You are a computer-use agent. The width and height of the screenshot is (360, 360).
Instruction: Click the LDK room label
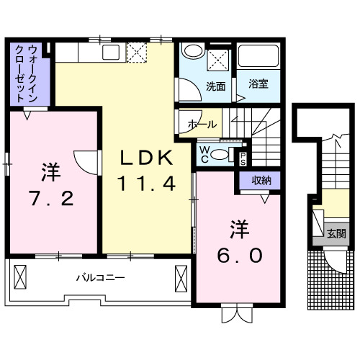pyautogui.click(x=147, y=158)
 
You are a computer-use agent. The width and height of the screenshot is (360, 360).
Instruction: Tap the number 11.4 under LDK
pyautogui.click(x=147, y=184)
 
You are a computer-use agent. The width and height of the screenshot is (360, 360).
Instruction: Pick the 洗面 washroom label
pyautogui.click(x=215, y=86)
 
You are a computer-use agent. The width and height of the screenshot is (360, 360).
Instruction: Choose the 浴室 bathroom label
pyautogui.click(x=258, y=84)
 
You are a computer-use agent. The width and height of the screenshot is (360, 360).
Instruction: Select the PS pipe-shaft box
pyautogui.click(x=243, y=157)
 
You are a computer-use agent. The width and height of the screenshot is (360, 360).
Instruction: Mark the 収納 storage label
pyautogui.click(x=261, y=181)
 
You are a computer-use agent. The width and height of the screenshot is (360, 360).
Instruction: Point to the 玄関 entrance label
pyautogui.click(x=336, y=233)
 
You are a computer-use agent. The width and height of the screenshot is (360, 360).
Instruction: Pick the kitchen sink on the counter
pyautogui.click(x=112, y=52)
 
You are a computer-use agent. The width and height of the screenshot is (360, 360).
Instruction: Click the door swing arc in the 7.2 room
pyautogui.click(x=84, y=162)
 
